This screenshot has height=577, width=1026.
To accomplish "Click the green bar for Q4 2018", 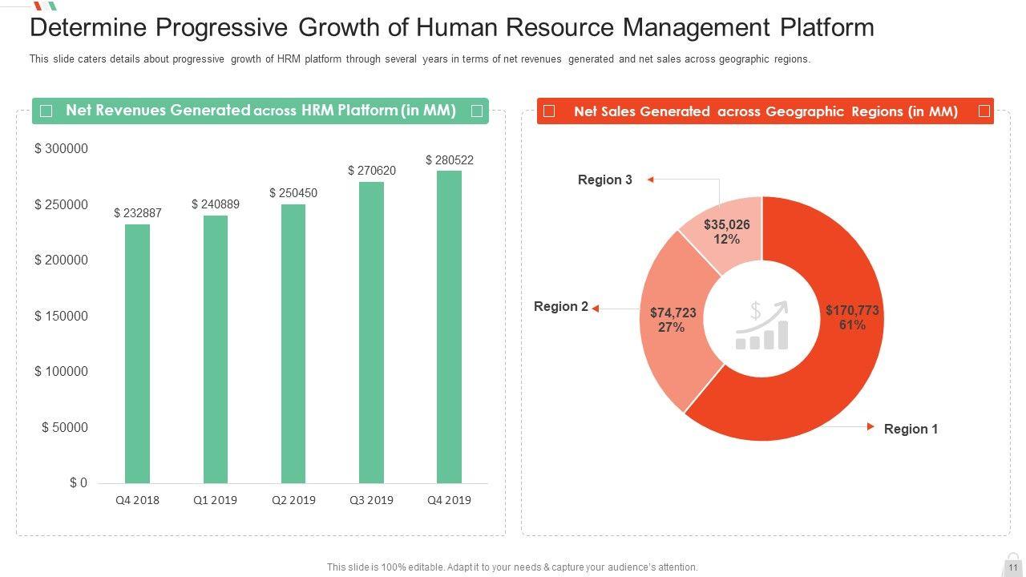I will coord(137,353).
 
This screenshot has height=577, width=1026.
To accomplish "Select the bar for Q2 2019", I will coord(293,344).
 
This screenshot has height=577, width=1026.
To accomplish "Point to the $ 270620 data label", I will coord(372,171).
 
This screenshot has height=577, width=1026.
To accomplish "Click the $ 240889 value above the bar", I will coord(216,204).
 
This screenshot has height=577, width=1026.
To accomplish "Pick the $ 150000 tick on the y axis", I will coord(61,316).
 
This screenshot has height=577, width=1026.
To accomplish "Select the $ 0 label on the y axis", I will coord(78,482).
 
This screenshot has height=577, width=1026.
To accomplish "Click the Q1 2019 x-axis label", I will coord(215,500).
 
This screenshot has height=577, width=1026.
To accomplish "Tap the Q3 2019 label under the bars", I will coord(371,500).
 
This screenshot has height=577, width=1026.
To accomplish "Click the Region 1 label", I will coord(911,430).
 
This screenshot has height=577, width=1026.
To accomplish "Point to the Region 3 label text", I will coord(605,180).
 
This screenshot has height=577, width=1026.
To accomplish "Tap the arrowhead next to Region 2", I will coord(596,307).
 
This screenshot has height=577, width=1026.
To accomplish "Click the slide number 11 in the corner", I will coord(1013,567).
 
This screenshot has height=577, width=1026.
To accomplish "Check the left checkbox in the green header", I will coord(46,111).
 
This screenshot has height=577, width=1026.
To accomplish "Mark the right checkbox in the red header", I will coord(984,111).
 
